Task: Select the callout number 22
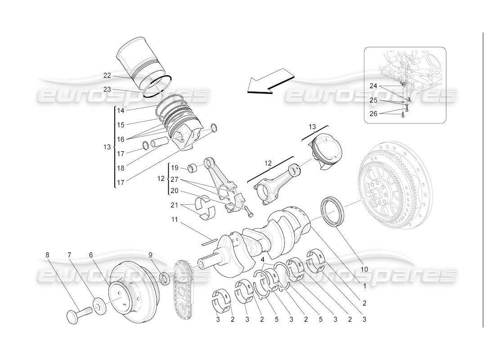coord(107,75)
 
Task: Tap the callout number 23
coord(107,90)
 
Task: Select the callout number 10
coord(364,269)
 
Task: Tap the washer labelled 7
coord(100,306)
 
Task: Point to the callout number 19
coord(175,168)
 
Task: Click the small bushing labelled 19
coord(194,169)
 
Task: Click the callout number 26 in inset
coord(373,113)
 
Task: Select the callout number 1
coord(364,284)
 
